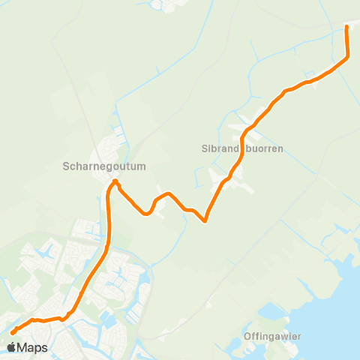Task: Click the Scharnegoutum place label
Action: point(103,166)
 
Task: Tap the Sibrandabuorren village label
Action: point(242,149)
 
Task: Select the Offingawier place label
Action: point(272,336)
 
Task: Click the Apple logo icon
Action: point(11,347)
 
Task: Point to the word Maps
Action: point(32,347)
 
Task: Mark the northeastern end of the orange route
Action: point(346,27)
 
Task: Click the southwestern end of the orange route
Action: point(13,332)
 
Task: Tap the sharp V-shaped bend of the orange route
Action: point(205,220)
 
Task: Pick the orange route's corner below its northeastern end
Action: point(348,56)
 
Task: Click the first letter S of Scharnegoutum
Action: point(66,166)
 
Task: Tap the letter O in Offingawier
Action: point(247,336)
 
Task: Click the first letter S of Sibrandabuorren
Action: point(205,149)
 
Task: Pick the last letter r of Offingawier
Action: point(299,336)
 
